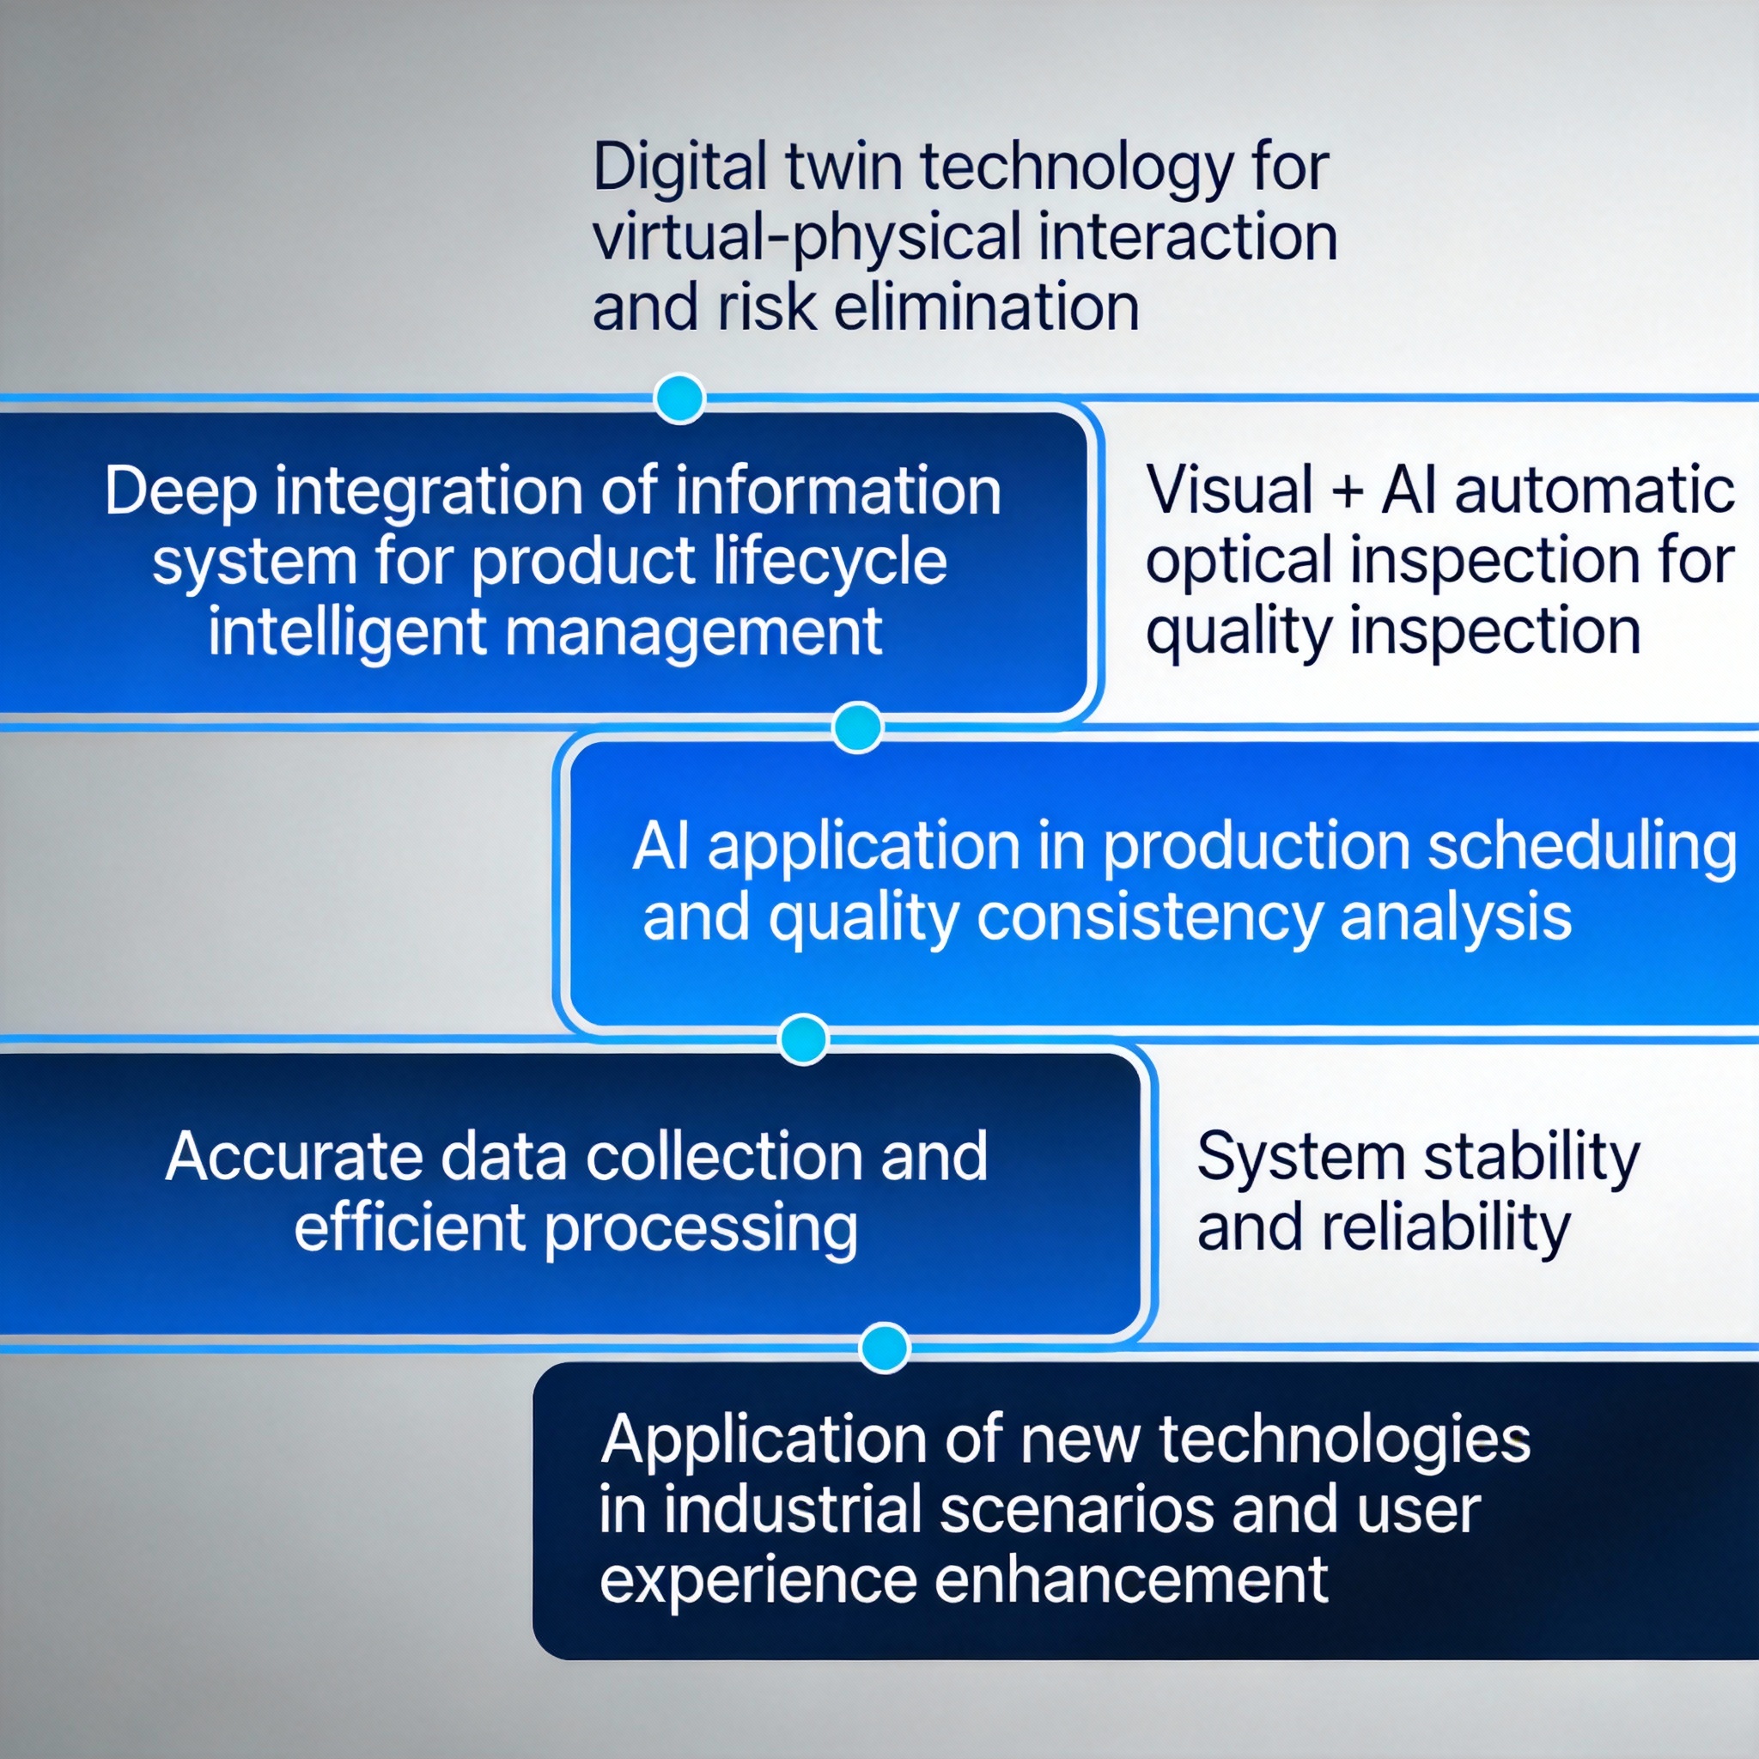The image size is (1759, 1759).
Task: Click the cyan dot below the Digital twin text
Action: point(679,398)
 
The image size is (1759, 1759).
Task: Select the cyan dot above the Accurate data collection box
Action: point(804,1039)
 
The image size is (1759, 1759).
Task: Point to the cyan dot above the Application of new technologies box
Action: point(884,1347)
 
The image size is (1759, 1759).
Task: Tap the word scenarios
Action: point(1076,1511)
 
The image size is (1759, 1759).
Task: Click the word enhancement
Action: point(1132,1581)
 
